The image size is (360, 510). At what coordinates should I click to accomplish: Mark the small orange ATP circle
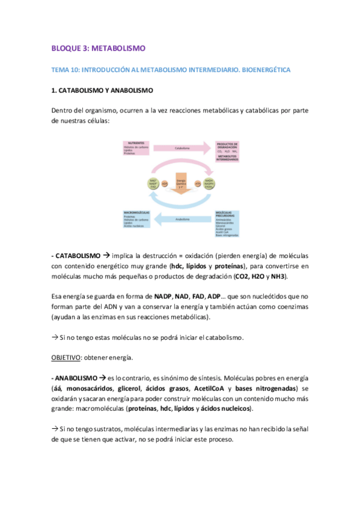tap(198, 183)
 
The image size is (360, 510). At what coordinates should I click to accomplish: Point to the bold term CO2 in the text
tap(243, 276)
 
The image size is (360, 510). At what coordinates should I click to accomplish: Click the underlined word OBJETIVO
tap(65, 358)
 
